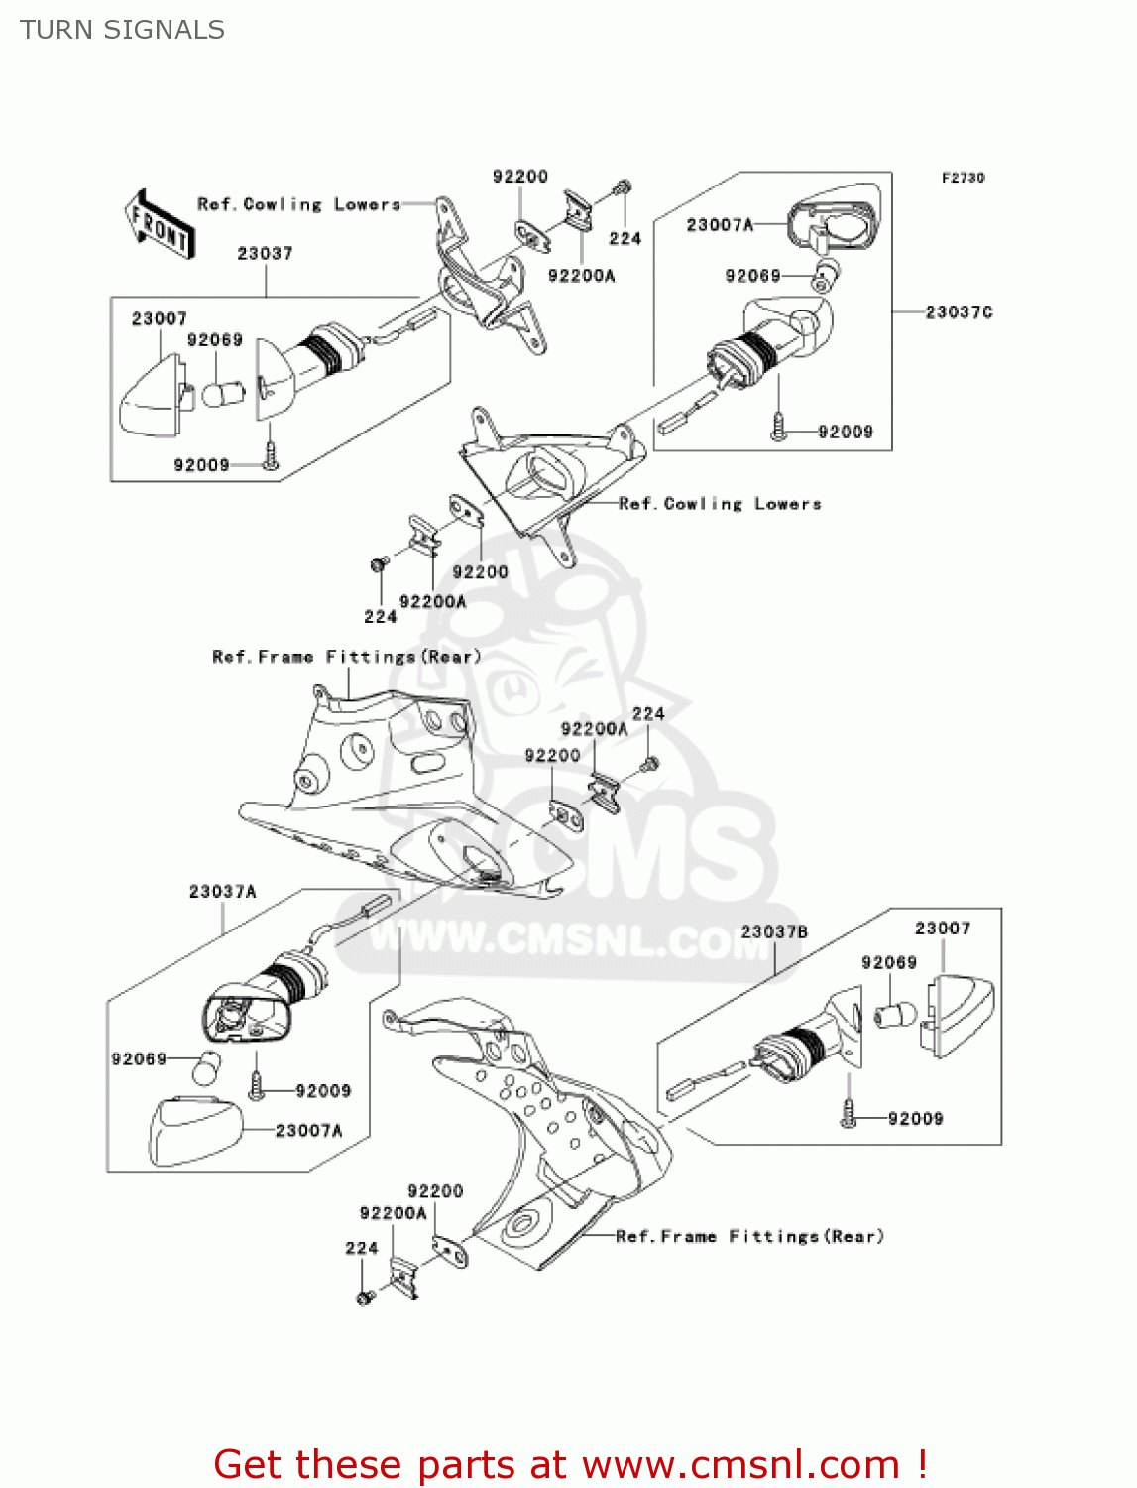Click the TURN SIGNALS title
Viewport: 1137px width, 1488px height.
[122, 30]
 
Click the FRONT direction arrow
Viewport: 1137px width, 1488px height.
[159, 225]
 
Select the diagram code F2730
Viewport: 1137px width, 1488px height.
[963, 178]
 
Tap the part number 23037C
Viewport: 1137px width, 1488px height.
[959, 311]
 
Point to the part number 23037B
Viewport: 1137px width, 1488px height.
[774, 931]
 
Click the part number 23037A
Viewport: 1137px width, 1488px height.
[223, 891]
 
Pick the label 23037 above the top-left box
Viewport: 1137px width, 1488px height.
[265, 253]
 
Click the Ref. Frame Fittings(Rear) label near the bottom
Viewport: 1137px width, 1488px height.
[749, 1236]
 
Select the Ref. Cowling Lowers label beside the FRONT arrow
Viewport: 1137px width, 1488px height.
[298, 204]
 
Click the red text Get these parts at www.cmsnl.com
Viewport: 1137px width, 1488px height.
[570, 1464]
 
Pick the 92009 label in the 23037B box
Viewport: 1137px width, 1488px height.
[915, 1118]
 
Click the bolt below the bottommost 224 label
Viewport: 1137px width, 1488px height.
[364, 1296]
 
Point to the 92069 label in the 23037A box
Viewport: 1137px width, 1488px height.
[139, 1058]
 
